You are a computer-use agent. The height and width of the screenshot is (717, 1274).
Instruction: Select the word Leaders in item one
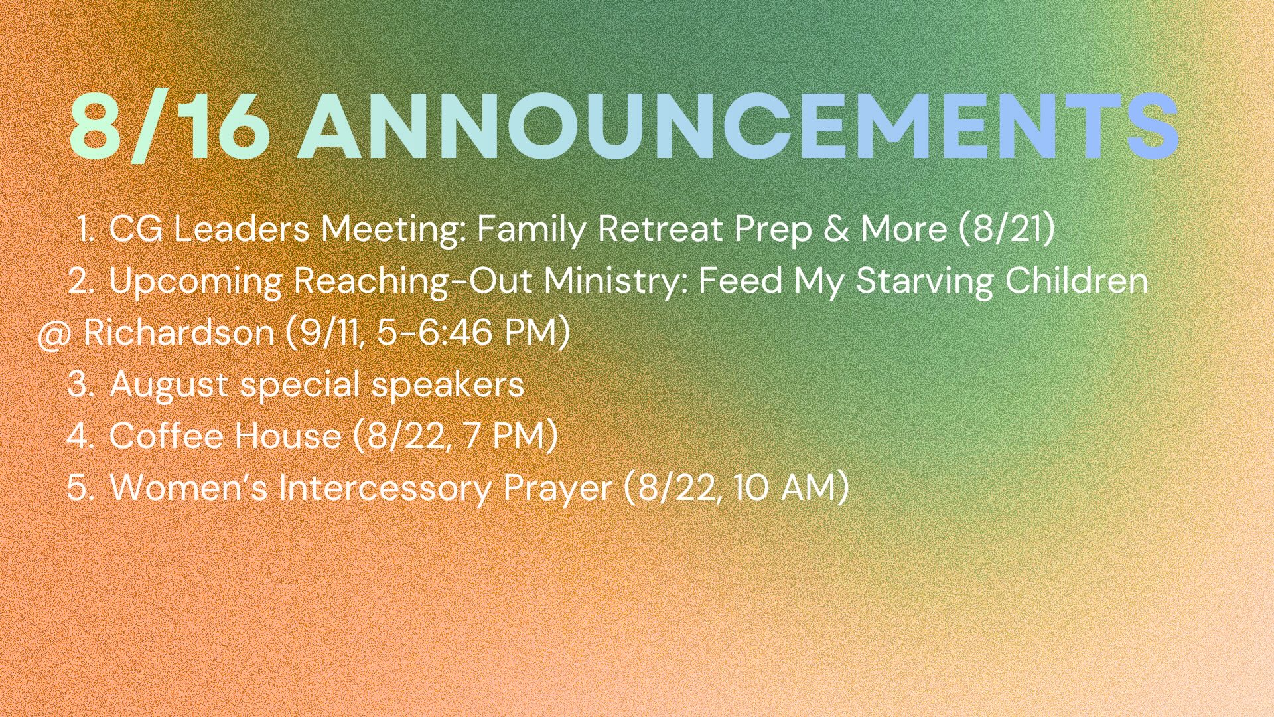click(x=242, y=229)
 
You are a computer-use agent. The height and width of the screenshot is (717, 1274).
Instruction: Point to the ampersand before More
click(x=836, y=229)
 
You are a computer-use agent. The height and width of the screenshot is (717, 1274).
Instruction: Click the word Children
click(x=1076, y=280)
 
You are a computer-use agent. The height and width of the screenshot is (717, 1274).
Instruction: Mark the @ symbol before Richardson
click(x=54, y=334)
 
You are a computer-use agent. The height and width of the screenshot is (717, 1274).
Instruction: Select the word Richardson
click(x=179, y=332)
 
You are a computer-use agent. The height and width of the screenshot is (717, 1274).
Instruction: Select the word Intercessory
click(x=385, y=488)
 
